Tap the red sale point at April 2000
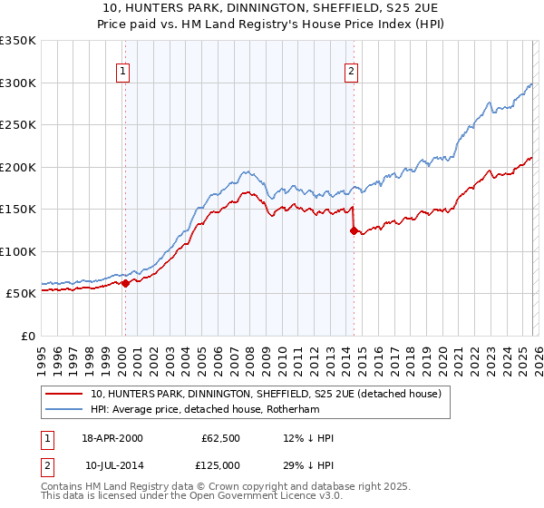click(x=125, y=283)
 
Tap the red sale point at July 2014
click(x=353, y=230)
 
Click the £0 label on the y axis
click(x=26, y=336)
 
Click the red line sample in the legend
click(x=63, y=394)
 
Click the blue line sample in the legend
click(x=63, y=409)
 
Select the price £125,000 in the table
click(x=220, y=465)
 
